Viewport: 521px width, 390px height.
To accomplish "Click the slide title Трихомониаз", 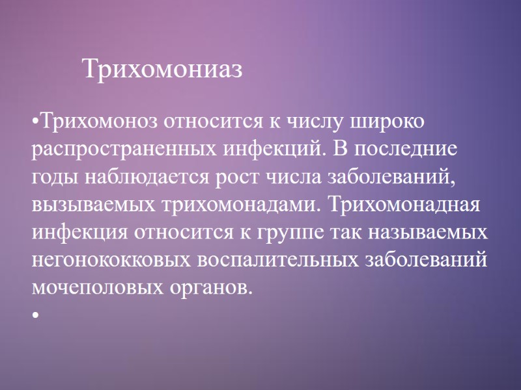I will (x=162, y=69).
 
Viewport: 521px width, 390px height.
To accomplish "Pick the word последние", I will (x=407, y=149).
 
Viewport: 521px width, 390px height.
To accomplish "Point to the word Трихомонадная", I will (x=404, y=204).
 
